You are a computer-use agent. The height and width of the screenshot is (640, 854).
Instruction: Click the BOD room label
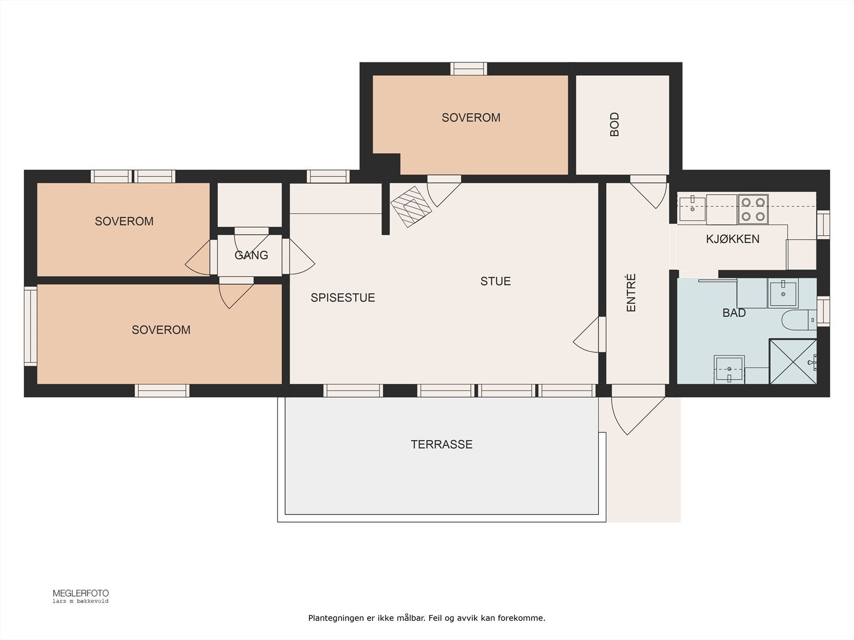pos(614,124)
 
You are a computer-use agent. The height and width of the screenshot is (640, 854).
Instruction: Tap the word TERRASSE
pos(441,444)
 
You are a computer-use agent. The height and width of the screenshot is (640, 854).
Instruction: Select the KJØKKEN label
pos(733,239)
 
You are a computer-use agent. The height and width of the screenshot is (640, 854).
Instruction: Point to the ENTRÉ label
pos(631,293)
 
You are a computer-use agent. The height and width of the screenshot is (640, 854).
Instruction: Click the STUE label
pos(495,281)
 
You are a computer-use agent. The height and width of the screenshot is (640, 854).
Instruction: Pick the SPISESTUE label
pos(343,298)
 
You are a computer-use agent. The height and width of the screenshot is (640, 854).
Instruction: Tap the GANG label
pos(251,255)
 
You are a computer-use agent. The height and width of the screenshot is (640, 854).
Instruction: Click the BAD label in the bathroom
pos(734,313)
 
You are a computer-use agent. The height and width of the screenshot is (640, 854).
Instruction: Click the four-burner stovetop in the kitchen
pos(753,209)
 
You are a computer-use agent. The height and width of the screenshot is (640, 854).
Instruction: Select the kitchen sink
pos(692,209)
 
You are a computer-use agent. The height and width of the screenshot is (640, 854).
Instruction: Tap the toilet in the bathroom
pos(799,320)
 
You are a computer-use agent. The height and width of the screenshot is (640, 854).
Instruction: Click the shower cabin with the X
pos(793,362)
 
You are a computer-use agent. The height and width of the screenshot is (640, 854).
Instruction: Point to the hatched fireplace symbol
pos(411,207)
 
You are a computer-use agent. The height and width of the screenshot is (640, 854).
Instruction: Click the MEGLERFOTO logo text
pos(81,594)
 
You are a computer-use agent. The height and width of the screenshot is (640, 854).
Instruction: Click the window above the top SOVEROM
pos(469,69)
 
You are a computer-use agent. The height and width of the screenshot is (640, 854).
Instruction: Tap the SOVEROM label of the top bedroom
pos(471,118)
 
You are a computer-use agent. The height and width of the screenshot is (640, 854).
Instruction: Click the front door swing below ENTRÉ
pos(638,410)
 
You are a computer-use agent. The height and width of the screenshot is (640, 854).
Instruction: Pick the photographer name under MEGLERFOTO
pos(81,601)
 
